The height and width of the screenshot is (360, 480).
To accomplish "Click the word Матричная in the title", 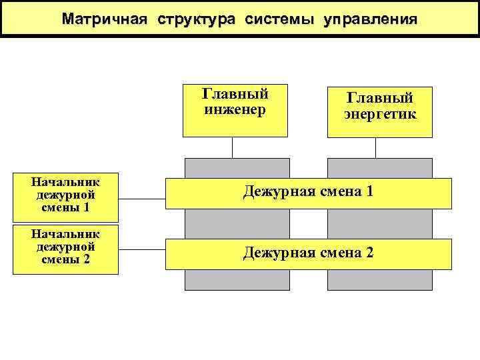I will point(104,19).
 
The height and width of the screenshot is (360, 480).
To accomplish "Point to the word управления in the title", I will point(370,19).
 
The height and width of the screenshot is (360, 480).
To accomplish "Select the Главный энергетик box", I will point(380,112).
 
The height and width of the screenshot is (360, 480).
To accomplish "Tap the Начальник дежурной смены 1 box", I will point(66,197).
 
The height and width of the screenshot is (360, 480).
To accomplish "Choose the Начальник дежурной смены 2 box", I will point(66,249).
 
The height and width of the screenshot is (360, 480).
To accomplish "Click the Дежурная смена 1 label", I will point(308,192).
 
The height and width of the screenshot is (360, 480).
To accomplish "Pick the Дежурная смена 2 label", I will point(308,253).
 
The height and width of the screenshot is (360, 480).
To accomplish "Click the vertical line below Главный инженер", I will point(233,147).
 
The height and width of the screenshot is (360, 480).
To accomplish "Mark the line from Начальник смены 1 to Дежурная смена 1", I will point(142,199).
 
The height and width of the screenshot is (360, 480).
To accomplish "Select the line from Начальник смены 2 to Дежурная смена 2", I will point(142,250).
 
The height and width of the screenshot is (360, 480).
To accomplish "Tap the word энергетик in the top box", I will point(380,114).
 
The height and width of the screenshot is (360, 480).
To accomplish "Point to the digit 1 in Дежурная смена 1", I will point(369,192).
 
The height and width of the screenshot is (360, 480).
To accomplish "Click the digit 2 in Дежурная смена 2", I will point(369,253).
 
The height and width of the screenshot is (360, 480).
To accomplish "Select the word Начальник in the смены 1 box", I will point(66,181).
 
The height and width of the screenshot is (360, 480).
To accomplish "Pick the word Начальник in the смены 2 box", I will point(66,234).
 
